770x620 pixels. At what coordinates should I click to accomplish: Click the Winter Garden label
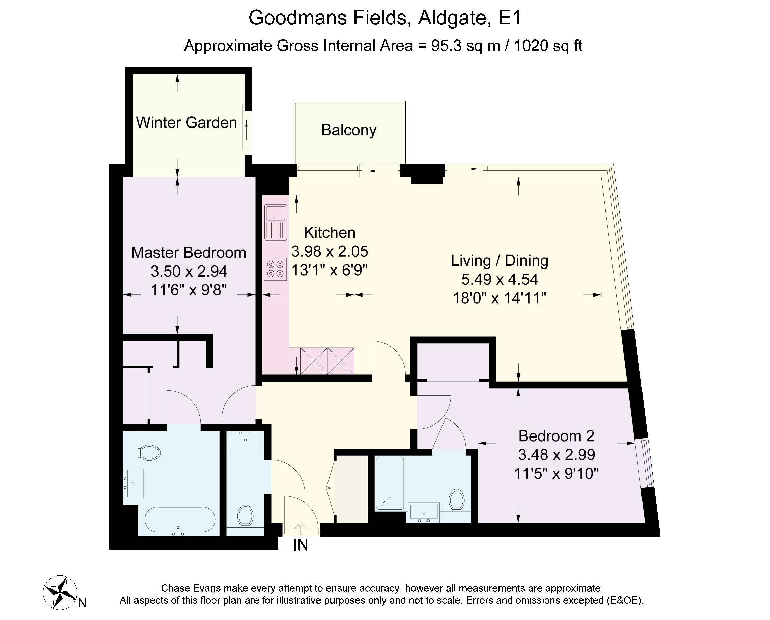[x=187, y=122]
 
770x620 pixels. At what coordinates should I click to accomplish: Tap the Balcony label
[x=349, y=130]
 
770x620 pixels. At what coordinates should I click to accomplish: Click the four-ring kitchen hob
[x=276, y=269]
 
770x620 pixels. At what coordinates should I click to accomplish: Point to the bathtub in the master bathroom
[x=180, y=520]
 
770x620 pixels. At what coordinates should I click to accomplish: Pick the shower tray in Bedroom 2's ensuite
[x=390, y=484]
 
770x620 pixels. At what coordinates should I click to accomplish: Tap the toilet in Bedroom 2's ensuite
[x=457, y=500]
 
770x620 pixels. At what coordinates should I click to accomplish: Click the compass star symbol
[x=60, y=592]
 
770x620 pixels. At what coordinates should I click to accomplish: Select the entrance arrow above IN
[x=301, y=529]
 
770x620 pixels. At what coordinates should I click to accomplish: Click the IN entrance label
[x=301, y=545]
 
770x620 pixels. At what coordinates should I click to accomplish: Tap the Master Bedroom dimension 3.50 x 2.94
[x=189, y=272]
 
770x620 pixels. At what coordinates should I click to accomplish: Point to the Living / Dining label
[x=500, y=261]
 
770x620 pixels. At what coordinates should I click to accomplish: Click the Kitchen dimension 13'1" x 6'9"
[x=330, y=270]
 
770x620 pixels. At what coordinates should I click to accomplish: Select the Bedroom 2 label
[x=557, y=436]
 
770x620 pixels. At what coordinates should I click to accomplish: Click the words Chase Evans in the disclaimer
[x=190, y=588]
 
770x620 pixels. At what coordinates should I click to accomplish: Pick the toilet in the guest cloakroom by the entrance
[x=245, y=516]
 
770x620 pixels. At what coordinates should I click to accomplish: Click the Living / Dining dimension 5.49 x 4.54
[x=500, y=279]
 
